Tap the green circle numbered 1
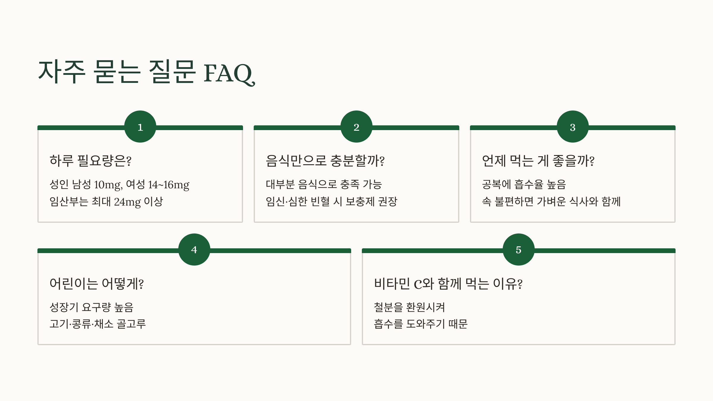click(140, 127)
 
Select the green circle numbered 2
click(356, 127)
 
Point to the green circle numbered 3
click(572, 127)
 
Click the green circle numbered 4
click(194, 250)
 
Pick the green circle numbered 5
click(518, 250)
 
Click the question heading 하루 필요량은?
click(90, 161)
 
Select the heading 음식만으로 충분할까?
click(325, 161)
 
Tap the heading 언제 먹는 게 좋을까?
click(538, 161)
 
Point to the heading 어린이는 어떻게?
click(97, 283)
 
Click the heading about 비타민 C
click(448, 283)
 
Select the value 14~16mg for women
click(168, 184)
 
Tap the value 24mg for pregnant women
click(127, 202)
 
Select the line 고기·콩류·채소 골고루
click(98, 324)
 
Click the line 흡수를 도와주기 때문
click(421, 324)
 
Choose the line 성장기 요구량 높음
click(92, 307)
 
